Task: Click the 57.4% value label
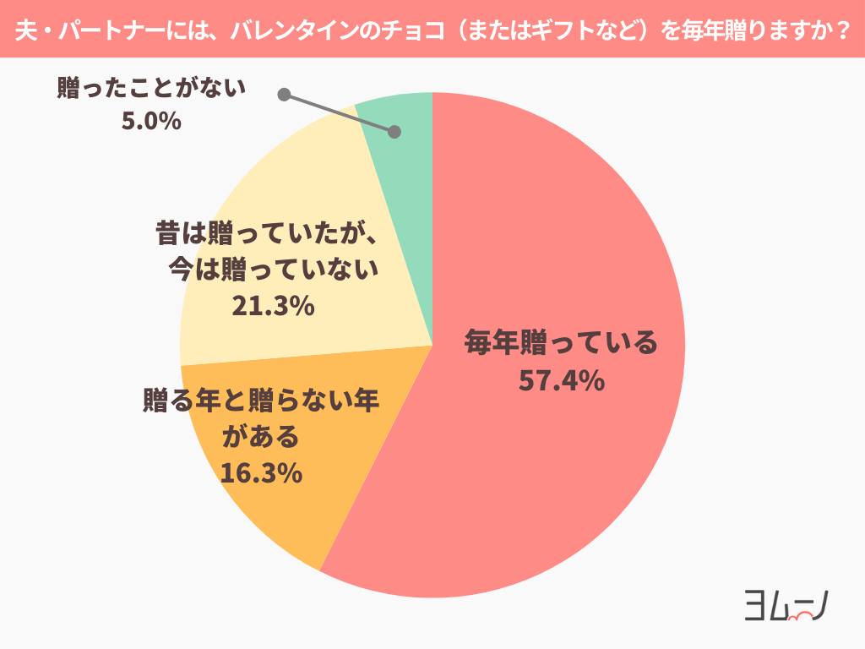(561, 381)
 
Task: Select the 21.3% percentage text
(273, 306)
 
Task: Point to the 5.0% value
(152, 121)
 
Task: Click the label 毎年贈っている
(561, 344)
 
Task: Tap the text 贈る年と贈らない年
(261, 399)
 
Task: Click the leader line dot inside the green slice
(394, 132)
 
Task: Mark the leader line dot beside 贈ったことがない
(284, 95)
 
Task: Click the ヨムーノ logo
(785, 605)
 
